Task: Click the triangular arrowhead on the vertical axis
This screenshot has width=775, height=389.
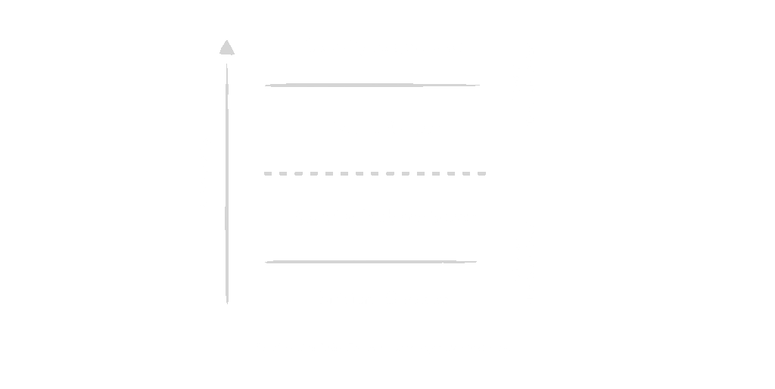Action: tap(226, 48)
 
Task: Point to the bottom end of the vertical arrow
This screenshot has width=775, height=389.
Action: tap(227, 303)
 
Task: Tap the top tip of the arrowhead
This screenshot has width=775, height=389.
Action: tap(226, 40)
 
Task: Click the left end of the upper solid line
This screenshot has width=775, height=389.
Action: tap(266, 86)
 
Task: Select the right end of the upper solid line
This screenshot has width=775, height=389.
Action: tap(479, 86)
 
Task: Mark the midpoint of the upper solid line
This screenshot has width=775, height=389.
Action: tap(372, 86)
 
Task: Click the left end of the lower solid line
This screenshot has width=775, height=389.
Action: tap(266, 263)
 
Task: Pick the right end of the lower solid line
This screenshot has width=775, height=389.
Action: tap(476, 262)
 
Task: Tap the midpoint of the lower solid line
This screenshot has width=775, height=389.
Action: tap(371, 262)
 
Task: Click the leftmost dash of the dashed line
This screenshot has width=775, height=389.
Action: tap(268, 173)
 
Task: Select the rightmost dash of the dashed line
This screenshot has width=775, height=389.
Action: tap(482, 173)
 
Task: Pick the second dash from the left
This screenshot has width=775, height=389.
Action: tap(283, 173)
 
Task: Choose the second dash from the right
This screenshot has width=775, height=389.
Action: tap(467, 173)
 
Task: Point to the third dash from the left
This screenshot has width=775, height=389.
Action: tap(298, 173)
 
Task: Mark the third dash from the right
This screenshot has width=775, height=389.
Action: tap(452, 173)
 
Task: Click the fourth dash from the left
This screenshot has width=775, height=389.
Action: tap(313, 173)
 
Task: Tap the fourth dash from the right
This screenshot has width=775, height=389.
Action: tap(437, 173)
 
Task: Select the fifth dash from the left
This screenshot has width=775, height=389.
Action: tap(329, 173)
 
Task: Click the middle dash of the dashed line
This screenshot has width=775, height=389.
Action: tap(375, 173)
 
